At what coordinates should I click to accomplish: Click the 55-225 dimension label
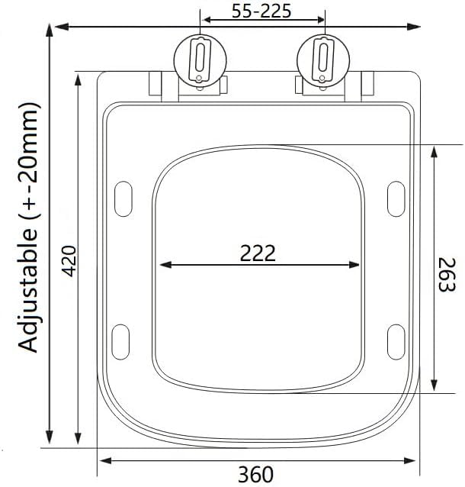tap(261, 11)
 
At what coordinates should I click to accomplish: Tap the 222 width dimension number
tap(258, 253)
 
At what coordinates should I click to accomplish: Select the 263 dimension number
tap(447, 275)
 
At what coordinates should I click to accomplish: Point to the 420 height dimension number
tap(69, 261)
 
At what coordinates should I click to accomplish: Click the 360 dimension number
tap(256, 474)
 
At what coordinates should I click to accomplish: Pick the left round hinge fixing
tap(200, 60)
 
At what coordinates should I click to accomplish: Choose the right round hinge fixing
tap(323, 60)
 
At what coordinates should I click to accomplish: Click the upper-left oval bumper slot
tap(123, 199)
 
